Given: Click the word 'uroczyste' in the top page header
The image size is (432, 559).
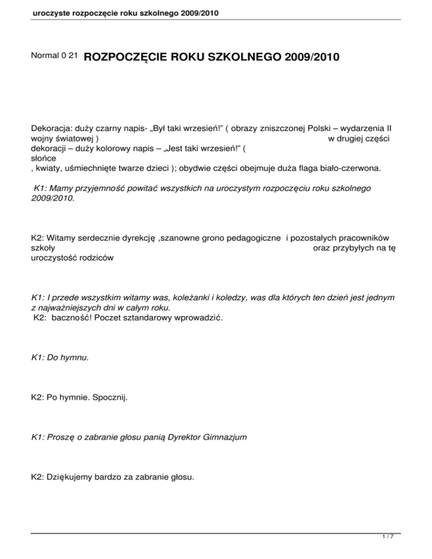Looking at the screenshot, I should pyautogui.click(x=35, y=12).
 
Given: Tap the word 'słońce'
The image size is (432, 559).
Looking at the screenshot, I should pyautogui.click(x=42, y=159).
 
